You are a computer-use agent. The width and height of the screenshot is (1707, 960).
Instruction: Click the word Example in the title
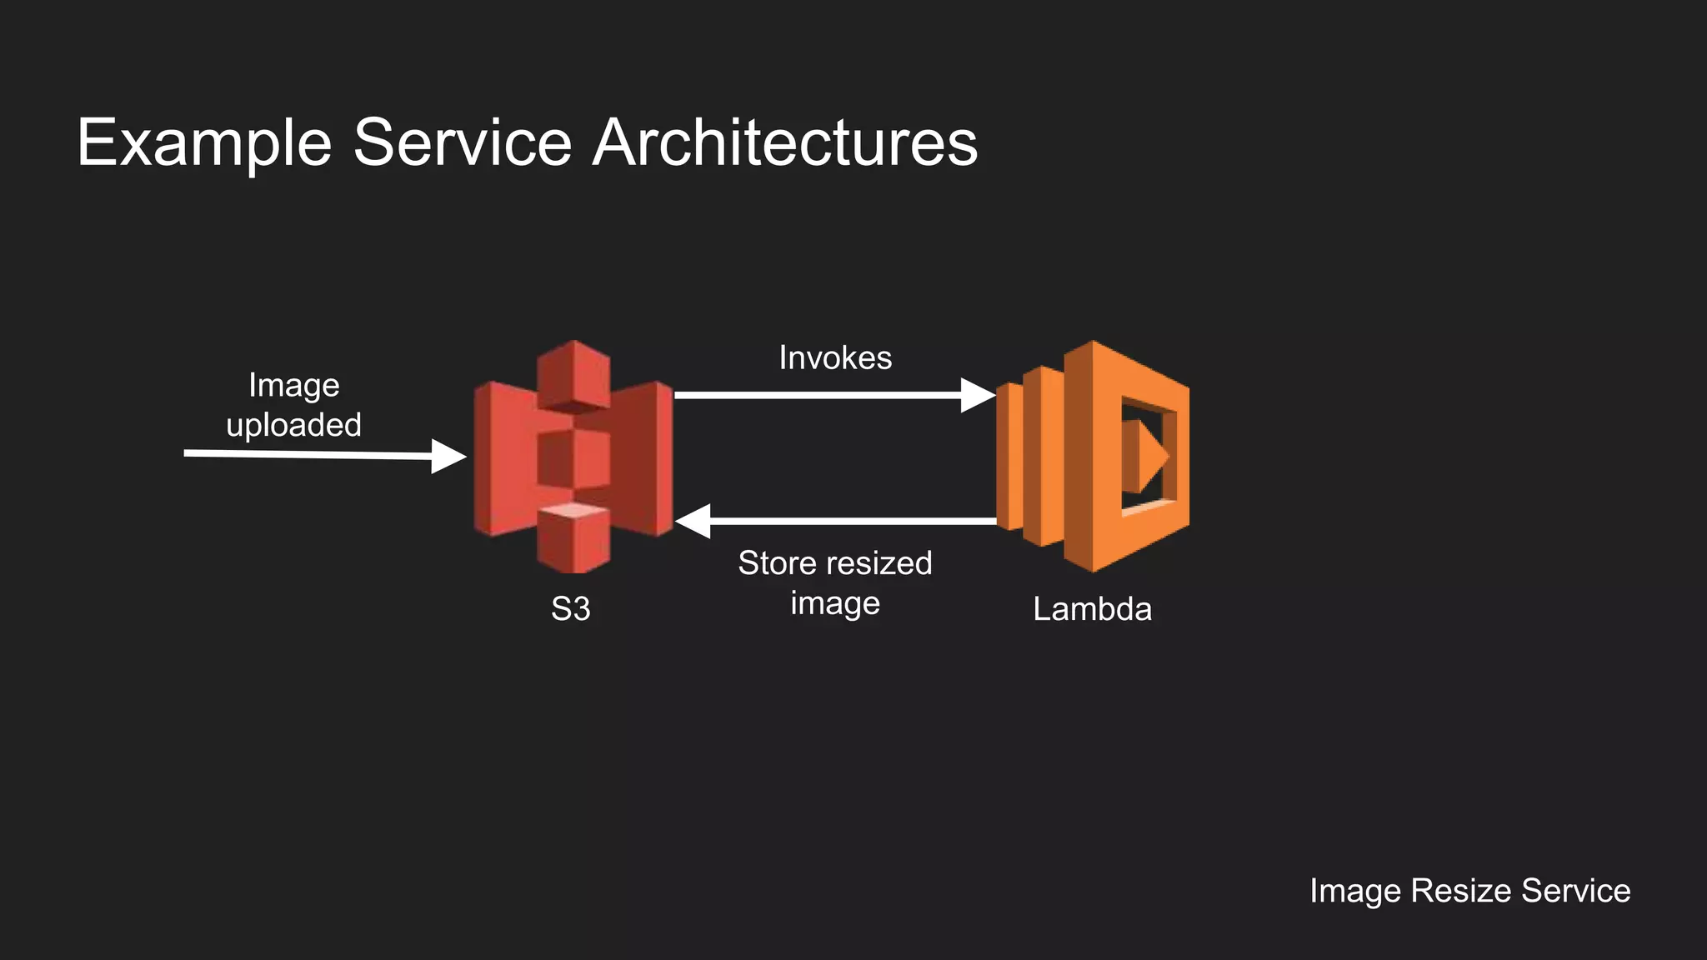click(x=204, y=143)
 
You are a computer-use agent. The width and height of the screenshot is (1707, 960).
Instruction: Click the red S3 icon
click(x=573, y=456)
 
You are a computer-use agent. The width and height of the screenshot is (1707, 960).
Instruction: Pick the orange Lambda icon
click(x=1093, y=456)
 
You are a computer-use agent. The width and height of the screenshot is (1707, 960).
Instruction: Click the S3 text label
click(x=571, y=609)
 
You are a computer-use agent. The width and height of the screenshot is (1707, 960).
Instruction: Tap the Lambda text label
click(x=1092, y=609)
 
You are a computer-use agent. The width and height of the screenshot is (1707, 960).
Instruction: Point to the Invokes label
click(x=835, y=357)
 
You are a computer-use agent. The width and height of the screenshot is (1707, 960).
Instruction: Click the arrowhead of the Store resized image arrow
click(x=693, y=521)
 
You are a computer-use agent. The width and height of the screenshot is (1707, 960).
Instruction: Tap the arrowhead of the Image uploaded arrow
click(x=448, y=456)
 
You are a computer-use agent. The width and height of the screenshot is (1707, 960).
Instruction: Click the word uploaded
click(x=293, y=425)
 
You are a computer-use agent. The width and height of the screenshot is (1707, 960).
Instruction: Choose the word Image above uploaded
click(x=293, y=385)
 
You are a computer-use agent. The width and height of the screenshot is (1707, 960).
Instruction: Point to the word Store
click(x=776, y=563)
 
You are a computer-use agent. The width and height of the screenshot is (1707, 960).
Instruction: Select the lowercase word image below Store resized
click(x=835, y=602)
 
